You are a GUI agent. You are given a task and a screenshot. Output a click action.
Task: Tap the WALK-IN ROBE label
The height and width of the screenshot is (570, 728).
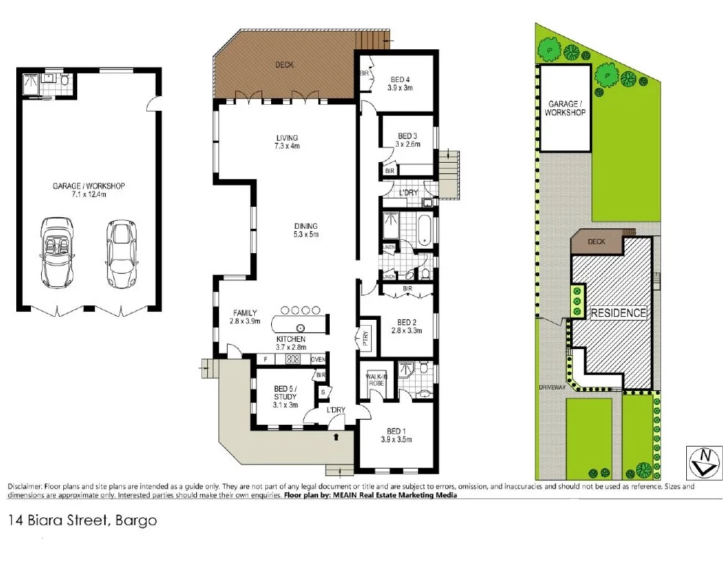pyautogui.click(x=376, y=380)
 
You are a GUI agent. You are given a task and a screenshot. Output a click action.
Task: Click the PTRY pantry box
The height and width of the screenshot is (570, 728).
pyautogui.click(x=365, y=337)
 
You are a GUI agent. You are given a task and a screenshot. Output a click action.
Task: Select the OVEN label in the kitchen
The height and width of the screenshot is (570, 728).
pyautogui.click(x=317, y=359)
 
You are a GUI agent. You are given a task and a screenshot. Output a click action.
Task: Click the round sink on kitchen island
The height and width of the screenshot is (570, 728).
pyautogui.click(x=300, y=327)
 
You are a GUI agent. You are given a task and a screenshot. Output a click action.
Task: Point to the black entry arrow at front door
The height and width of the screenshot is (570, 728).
pyautogui.click(x=336, y=438)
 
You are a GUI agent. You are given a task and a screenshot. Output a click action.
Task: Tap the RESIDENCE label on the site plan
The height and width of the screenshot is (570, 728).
pyautogui.click(x=619, y=313)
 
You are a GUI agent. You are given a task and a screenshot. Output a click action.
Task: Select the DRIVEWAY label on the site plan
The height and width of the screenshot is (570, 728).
pyautogui.click(x=550, y=386)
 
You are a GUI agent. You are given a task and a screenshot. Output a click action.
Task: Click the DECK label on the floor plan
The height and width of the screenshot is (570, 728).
pyautogui.click(x=284, y=65)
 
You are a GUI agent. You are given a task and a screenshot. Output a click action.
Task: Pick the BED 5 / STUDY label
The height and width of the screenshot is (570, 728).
pyautogui.click(x=285, y=397)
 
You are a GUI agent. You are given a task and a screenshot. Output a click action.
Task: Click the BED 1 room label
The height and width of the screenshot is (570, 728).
pyautogui.click(x=396, y=435)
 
